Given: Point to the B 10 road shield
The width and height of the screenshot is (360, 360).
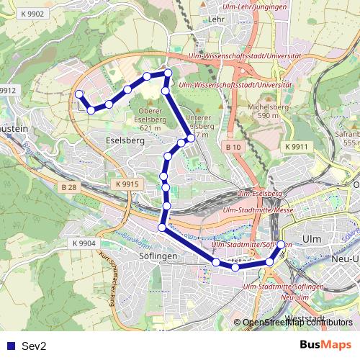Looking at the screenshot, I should pyautogui.click(x=232, y=148).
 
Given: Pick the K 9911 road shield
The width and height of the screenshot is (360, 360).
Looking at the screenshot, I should pyautogui.click(x=295, y=146).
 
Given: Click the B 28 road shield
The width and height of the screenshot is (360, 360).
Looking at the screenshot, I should pyautogui.click(x=68, y=187).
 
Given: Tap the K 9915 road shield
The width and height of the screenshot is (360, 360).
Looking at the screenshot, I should pyautogui.click(x=126, y=185).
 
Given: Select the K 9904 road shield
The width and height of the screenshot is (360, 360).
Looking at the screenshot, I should pyautogui.click(x=84, y=243).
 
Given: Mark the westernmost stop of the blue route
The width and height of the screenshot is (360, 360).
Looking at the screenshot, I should pyautogui.click(x=78, y=94).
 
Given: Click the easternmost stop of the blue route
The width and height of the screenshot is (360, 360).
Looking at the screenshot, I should pyautogui.click(x=281, y=245).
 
